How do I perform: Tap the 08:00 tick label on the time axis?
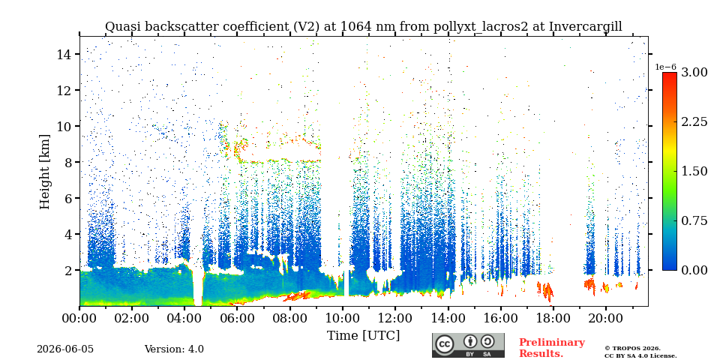(289, 318)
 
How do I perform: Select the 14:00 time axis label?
(448, 318)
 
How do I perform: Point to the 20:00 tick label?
(606, 318)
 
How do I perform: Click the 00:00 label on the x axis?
(79, 318)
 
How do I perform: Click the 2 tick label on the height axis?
(69, 270)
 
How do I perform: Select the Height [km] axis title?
(44, 172)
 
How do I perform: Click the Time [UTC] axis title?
(363, 336)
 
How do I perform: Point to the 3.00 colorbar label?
(694, 72)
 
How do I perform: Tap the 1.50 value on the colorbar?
(694, 171)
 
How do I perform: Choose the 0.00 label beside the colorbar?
(694, 270)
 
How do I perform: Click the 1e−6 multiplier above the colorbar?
(665, 67)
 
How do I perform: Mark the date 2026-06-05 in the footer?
(65, 349)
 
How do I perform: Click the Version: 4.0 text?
(174, 349)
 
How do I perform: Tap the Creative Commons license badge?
(468, 345)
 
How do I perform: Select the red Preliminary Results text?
(552, 347)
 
